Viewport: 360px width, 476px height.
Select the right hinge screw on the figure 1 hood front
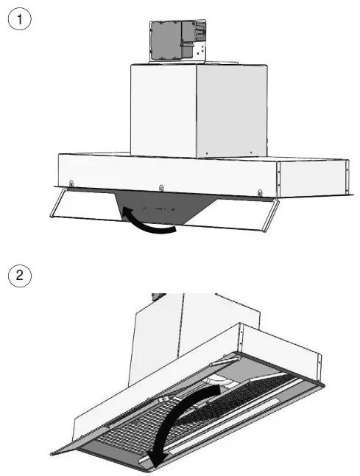click(x=259, y=193)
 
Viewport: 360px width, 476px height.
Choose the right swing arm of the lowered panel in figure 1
click(x=272, y=214)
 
